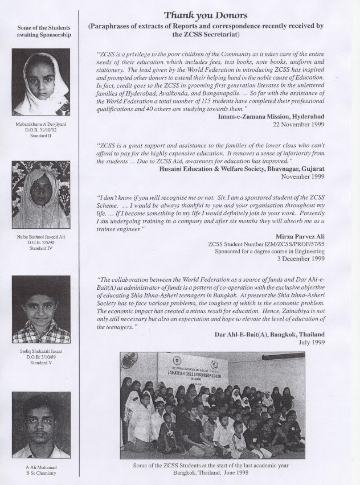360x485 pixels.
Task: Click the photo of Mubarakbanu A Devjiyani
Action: click(41, 82)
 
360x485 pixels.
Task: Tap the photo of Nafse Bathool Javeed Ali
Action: click(41, 195)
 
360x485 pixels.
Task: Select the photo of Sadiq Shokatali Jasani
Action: click(41, 309)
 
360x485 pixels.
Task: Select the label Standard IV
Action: click(41, 249)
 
